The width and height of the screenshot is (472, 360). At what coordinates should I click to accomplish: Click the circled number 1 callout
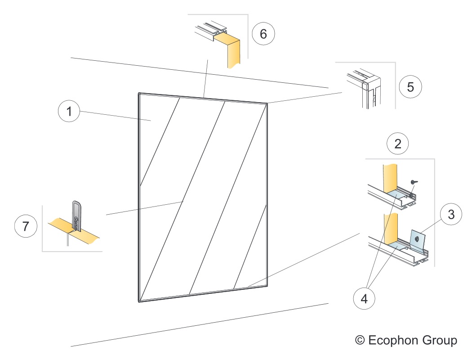pyautogui.click(x=69, y=112)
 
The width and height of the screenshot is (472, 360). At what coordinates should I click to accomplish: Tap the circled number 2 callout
pyautogui.click(x=398, y=144)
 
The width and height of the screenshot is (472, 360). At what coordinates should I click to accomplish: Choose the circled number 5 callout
pyautogui.click(x=410, y=87)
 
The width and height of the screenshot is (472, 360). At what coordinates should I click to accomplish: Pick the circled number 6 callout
pyautogui.click(x=263, y=35)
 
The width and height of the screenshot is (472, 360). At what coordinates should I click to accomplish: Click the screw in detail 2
pyautogui.click(x=413, y=181)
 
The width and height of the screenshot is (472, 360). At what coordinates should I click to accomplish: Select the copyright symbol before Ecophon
pyautogui.click(x=360, y=340)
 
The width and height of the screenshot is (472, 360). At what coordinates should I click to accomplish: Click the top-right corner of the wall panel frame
pyautogui.click(x=267, y=104)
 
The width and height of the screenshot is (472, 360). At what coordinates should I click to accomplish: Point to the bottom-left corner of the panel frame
pyautogui.click(x=138, y=301)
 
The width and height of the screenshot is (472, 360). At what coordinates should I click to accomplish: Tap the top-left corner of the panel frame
pyautogui.click(x=138, y=94)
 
